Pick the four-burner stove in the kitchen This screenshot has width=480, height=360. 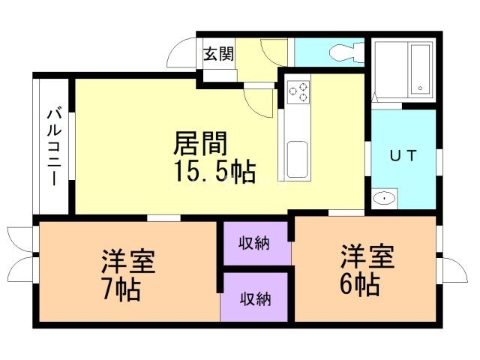(x=298, y=92)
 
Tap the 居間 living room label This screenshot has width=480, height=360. (x=200, y=142)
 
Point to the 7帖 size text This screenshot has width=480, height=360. (x=121, y=289)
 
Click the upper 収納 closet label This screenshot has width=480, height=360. (x=255, y=243)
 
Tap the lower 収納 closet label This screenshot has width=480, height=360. (x=255, y=298)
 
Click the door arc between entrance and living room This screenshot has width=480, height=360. (x=264, y=102)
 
